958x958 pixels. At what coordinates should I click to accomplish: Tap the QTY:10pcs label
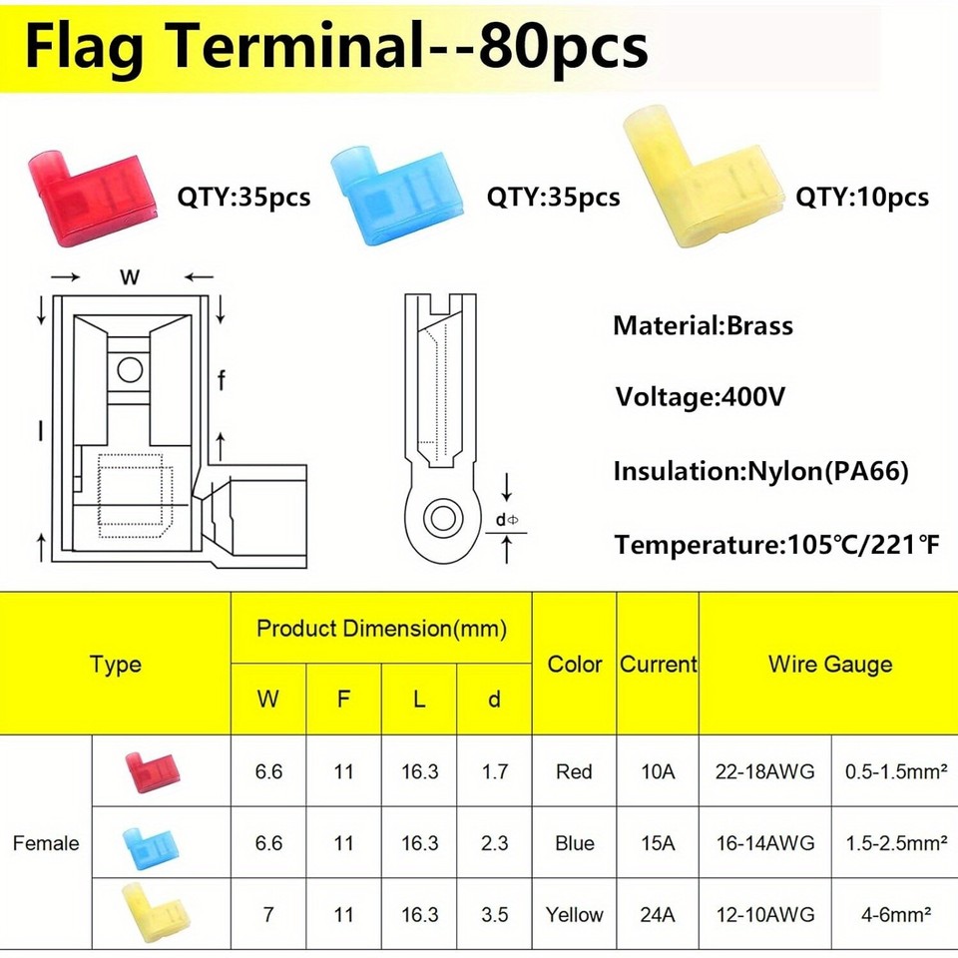coord(861,197)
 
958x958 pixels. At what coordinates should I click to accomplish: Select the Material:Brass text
coord(703,325)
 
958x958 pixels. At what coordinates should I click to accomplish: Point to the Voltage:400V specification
coord(701,397)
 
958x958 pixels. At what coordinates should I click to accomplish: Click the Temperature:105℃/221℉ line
coord(776,545)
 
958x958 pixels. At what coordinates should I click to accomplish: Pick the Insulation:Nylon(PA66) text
coord(760,471)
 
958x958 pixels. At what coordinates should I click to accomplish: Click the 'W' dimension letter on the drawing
coord(130,278)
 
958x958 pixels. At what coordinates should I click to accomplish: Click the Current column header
coord(658,664)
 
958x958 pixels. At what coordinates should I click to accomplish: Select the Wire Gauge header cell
coord(829,664)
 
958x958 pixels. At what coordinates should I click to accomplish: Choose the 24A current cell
coord(658,914)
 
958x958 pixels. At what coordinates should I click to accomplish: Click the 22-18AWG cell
coord(764,771)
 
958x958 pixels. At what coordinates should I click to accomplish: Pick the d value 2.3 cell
coord(494,843)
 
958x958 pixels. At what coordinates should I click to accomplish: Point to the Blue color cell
coord(575,843)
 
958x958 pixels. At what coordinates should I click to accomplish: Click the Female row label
coord(46,843)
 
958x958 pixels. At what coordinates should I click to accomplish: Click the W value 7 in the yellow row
coord(268,914)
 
